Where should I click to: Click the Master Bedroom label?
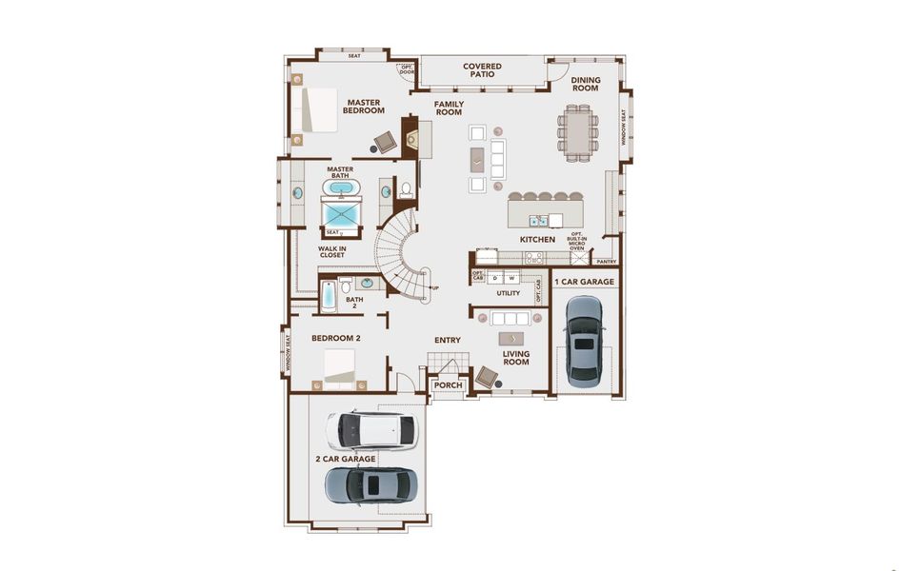click(x=365, y=106)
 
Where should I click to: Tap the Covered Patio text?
click(x=482, y=70)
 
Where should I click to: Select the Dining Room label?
click(x=585, y=85)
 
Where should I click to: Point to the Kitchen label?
click(x=537, y=240)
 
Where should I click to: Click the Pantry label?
click(x=605, y=261)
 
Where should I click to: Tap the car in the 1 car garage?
click(x=583, y=340)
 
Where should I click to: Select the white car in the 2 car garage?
click(x=370, y=430)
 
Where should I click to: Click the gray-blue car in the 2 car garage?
click(x=370, y=484)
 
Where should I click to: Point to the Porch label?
click(x=448, y=385)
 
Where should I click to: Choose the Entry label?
click(x=448, y=341)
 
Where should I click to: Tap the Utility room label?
click(x=508, y=293)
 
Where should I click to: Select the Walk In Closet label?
click(x=332, y=252)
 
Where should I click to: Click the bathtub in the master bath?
click(x=341, y=187)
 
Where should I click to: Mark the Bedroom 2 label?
click(x=337, y=338)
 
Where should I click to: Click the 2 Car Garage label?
click(x=345, y=459)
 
